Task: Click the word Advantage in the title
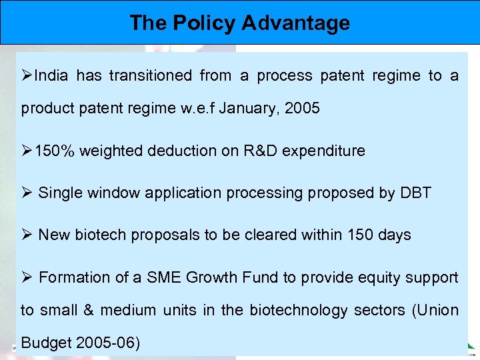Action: point(295,23)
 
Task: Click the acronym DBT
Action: point(415,193)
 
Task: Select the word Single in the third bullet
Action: point(59,193)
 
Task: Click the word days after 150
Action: point(393,235)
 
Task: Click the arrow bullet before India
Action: point(27,76)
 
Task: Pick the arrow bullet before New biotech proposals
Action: point(27,235)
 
